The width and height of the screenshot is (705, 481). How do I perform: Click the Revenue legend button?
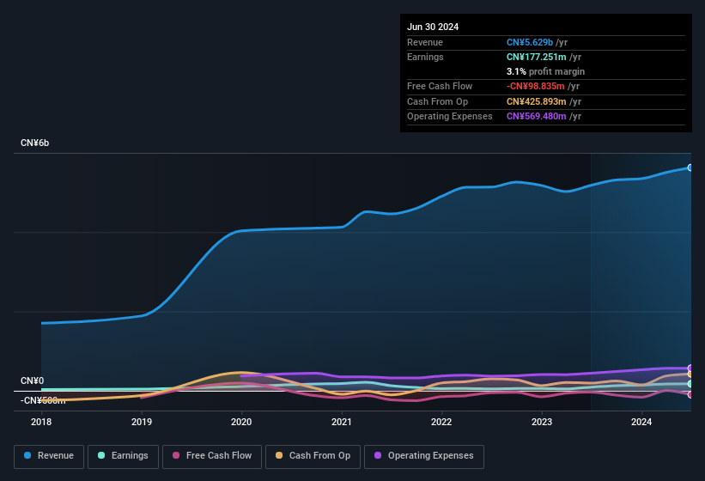click(49, 455)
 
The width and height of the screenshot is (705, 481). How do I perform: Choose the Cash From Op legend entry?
click(313, 455)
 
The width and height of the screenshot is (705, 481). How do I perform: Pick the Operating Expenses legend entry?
click(424, 455)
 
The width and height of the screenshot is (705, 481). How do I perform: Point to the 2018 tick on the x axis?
click(41, 422)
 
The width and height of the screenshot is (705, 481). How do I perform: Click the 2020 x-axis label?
click(241, 422)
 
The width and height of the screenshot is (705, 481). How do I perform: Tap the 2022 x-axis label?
click(441, 422)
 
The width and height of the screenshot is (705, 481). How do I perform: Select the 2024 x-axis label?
click(641, 422)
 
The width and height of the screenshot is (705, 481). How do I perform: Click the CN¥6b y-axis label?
click(35, 143)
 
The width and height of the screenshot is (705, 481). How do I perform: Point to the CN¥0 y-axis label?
click(32, 381)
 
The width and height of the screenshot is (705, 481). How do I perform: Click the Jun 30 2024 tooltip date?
click(433, 27)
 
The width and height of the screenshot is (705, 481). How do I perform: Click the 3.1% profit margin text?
click(545, 71)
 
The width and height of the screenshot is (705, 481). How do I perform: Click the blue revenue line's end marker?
click(690, 167)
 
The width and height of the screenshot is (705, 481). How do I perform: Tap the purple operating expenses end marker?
click(690, 368)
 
